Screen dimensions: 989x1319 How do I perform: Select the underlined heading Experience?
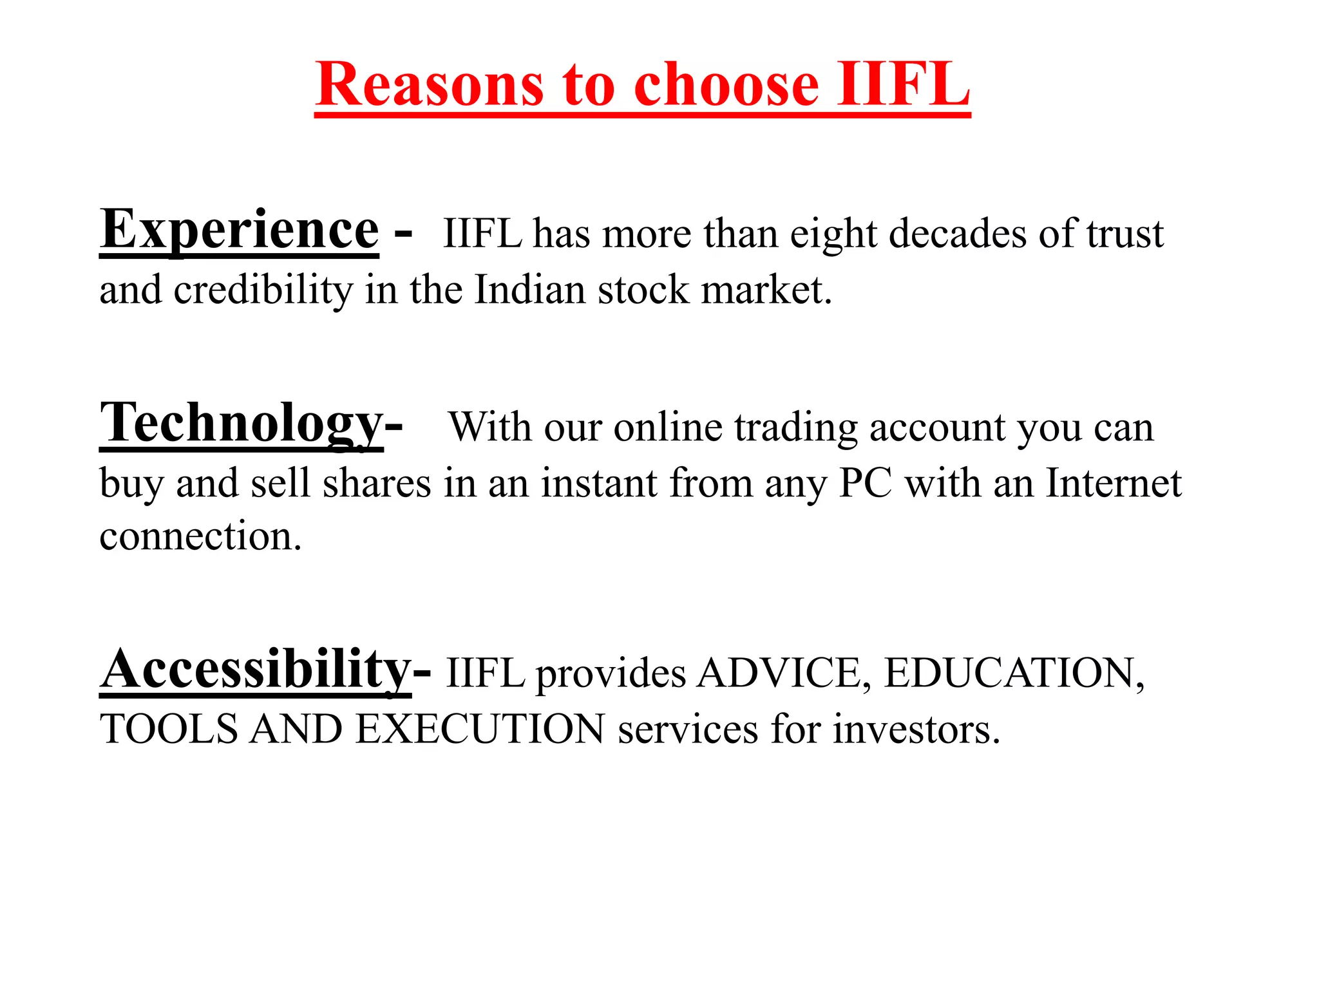[239, 230]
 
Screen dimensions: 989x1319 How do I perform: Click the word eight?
[833, 234]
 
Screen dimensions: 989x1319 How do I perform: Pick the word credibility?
[263, 290]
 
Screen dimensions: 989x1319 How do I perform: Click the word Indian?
[530, 290]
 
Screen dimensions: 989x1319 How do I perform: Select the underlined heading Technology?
[242, 423]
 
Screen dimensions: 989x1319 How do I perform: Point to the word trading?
[796, 428]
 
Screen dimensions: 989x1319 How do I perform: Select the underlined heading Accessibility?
[255, 670]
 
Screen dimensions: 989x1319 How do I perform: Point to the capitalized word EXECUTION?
[480, 730]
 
